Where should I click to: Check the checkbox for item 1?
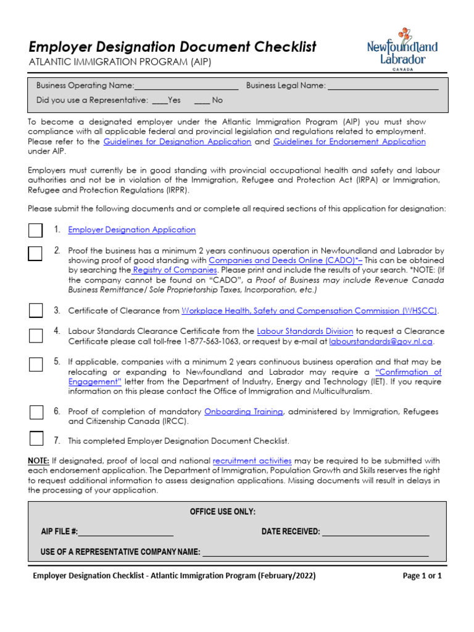tap(36, 230)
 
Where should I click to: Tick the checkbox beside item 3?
tap(36, 310)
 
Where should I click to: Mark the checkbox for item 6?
tap(36, 412)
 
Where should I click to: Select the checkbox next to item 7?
tap(36, 439)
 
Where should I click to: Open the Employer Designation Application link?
tap(131, 230)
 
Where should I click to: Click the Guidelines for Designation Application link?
tap(177, 141)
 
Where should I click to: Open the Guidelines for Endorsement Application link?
tap(349, 141)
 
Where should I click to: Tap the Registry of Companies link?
tap(175, 270)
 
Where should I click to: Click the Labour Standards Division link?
tap(305, 331)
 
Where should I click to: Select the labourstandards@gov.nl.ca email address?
tap(381, 341)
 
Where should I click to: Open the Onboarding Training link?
tap(243, 411)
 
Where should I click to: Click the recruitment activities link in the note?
tap(252, 460)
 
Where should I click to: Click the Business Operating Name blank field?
tap(186, 86)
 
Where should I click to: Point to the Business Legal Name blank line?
tap(383, 86)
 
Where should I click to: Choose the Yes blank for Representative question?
tap(159, 100)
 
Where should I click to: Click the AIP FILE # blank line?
tap(125, 531)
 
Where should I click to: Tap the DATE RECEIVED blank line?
tap(375, 531)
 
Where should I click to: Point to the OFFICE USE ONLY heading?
tap(222, 512)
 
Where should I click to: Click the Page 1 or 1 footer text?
tap(422, 576)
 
